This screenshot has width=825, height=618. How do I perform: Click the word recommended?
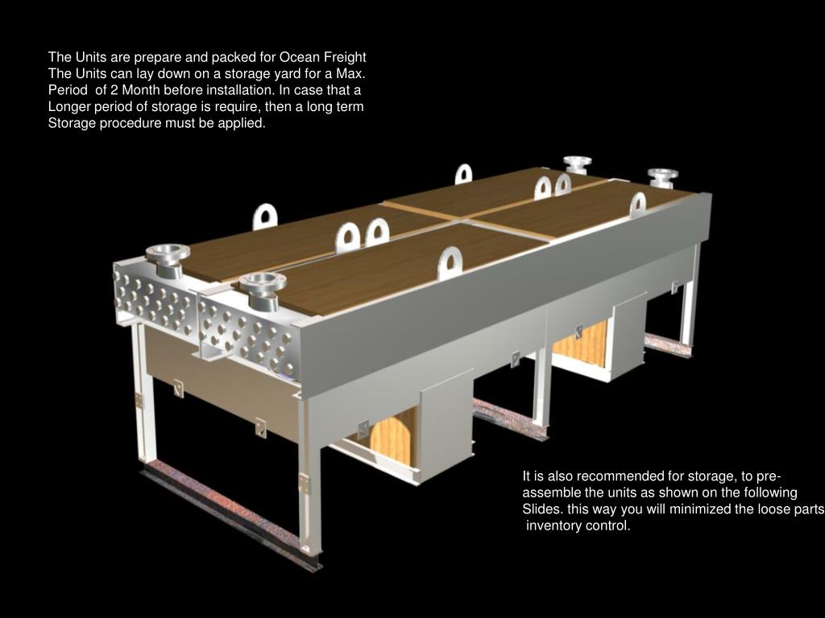[x=620, y=476]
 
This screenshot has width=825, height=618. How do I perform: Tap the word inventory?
[x=549, y=526]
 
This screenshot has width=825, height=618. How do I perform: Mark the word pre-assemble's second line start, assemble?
[x=549, y=493]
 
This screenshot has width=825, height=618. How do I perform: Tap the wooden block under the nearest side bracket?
[x=393, y=437]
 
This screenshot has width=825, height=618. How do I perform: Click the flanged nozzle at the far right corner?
[x=662, y=178]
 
